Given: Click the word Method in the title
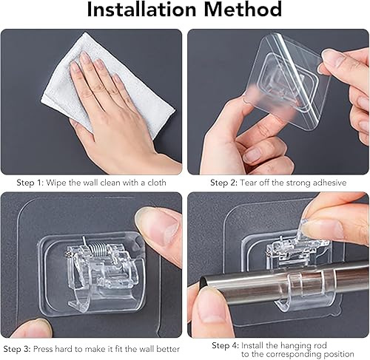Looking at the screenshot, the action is click(243, 10).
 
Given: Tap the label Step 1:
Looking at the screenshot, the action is click(30, 183).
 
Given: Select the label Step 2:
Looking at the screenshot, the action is click(224, 183).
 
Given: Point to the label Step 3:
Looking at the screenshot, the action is click(17, 349).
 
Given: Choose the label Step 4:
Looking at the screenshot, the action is click(226, 345).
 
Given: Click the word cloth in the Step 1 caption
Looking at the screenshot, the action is click(157, 183).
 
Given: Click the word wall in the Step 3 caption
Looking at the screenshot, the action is click(147, 349).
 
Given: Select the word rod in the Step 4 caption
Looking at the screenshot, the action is click(321, 345).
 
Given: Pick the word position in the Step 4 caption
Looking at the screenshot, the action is click(339, 354).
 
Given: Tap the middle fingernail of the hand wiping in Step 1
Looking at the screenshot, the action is click(85, 58).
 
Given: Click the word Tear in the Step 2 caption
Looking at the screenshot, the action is click(248, 183).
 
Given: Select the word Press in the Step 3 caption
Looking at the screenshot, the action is click(43, 349).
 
